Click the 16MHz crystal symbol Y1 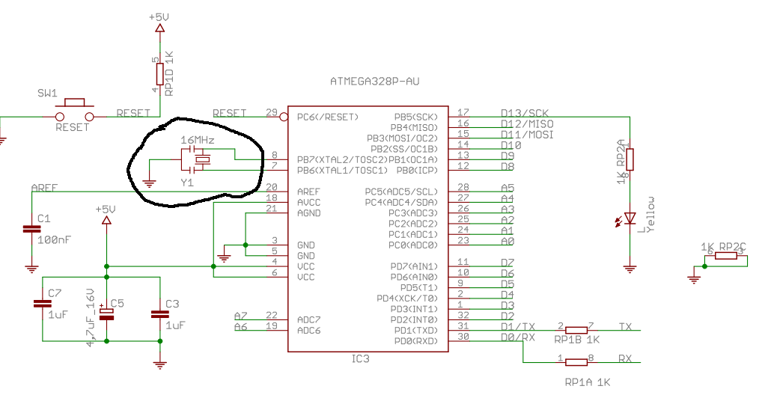(x=201, y=159)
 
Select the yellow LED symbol (x=630, y=218)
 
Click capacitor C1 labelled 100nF (x=31, y=229)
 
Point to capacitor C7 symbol (x=42, y=304)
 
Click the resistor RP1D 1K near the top (x=159, y=74)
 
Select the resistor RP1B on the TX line (x=576, y=329)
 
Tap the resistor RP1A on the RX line (x=576, y=362)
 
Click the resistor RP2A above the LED (x=630, y=159)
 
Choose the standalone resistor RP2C (x=725, y=256)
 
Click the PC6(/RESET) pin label (x=328, y=117)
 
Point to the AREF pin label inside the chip (x=309, y=192)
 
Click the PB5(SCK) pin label (x=415, y=117)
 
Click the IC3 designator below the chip (x=360, y=359)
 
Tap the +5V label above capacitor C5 (x=106, y=209)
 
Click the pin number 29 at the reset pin (x=272, y=112)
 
